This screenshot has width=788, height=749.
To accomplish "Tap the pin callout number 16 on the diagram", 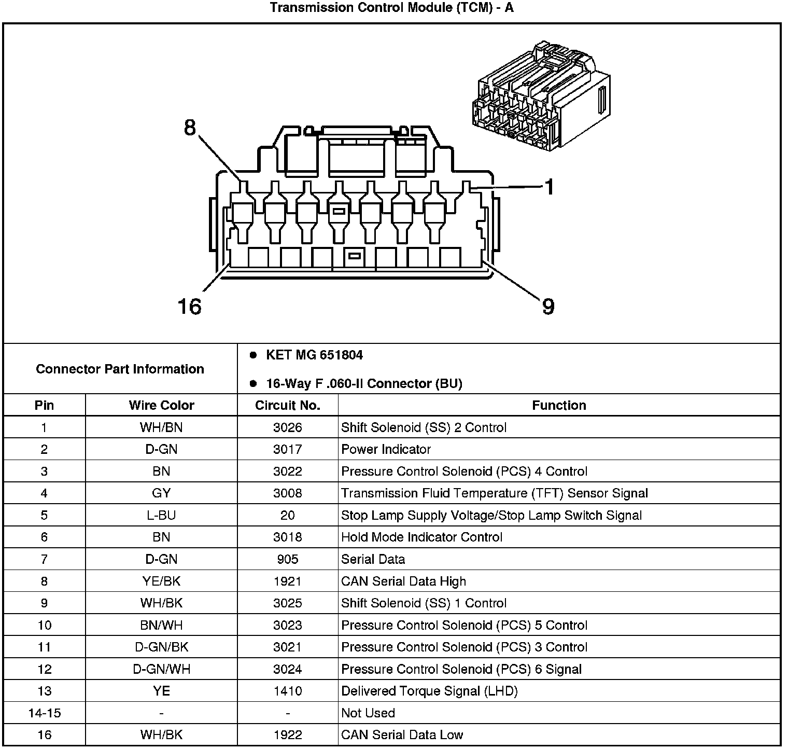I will click(189, 306).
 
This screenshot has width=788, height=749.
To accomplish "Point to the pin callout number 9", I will click(548, 306).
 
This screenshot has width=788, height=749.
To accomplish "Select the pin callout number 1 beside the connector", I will click(549, 187).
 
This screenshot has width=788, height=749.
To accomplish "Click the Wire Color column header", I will click(161, 405).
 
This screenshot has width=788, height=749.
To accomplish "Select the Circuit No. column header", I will click(288, 405).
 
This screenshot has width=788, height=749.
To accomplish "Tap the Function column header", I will click(559, 405).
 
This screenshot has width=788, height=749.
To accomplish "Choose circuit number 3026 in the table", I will click(288, 427).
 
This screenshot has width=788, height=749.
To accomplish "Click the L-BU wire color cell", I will click(161, 515).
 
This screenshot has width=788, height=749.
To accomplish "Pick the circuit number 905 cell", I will click(288, 559).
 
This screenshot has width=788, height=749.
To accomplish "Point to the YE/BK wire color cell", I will click(161, 581).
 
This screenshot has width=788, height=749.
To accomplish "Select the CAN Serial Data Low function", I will click(402, 734).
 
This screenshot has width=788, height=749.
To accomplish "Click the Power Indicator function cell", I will click(386, 449).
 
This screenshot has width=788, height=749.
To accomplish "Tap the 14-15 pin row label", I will click(44, 713).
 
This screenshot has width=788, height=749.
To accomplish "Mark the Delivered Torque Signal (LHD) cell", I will click(429, 691).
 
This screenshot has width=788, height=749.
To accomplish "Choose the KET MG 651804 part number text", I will click(314, 355).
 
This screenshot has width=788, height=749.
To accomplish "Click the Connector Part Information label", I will click(120, 369).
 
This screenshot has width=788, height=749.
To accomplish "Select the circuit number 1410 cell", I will click(288, 691).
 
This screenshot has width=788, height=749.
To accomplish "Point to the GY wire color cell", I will click(161, 493).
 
